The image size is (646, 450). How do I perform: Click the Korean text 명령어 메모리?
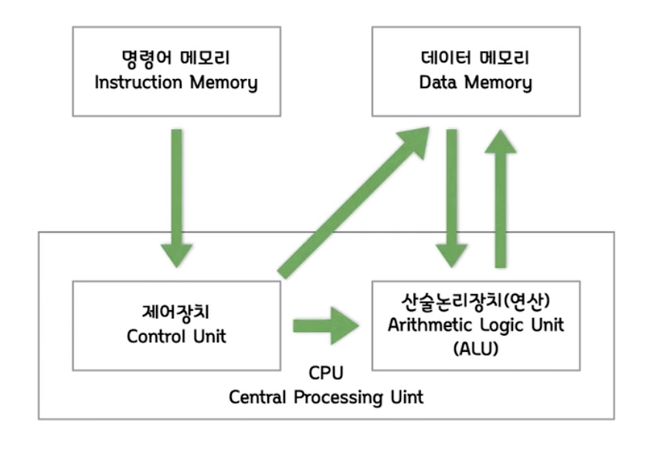[x=175, y=59]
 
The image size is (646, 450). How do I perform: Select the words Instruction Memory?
[x=175, y=82]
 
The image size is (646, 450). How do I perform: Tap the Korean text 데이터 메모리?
[x=474, y=59]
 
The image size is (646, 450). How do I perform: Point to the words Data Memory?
[x=474, y=82]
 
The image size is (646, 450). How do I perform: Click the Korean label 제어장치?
[x=176, y=312]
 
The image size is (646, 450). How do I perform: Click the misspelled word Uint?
[x=405, y=398]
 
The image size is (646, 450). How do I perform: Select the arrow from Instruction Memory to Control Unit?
[x=177, y=197]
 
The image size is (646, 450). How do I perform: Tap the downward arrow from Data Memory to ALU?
[x=450, y=197]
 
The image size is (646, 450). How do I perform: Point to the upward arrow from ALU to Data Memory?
[x=504, y=197]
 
